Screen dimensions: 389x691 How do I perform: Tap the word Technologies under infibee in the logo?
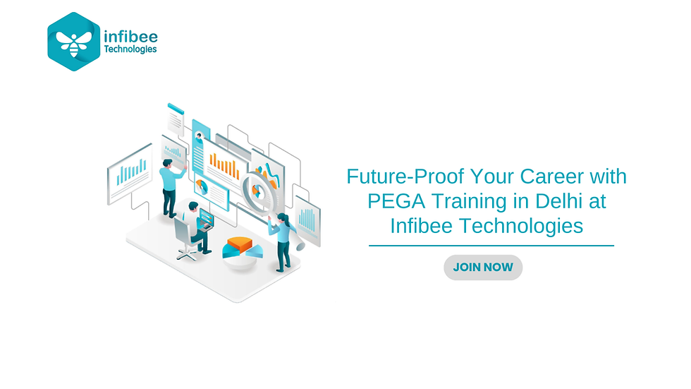click(130, 49)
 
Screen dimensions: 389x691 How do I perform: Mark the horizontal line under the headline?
click(491, 246)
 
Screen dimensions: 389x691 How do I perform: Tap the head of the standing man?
click(166, 164)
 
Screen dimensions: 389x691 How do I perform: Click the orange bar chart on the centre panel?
click(224, 167)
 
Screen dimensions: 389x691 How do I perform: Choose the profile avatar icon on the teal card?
click(200, 136)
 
